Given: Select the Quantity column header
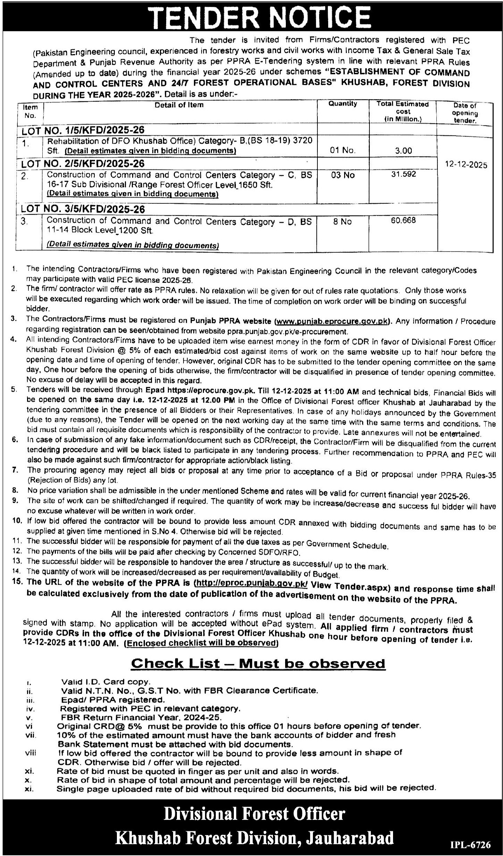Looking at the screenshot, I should (x=343, y=104).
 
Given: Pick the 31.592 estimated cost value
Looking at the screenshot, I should (x=403, y=174).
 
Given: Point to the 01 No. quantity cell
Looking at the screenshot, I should (x=343, y=151).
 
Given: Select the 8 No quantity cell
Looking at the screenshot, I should (x=342, y=222).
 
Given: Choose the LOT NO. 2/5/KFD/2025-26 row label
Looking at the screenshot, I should (x=83, y=164).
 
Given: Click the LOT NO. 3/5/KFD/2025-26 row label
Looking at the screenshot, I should (x=83, y=209).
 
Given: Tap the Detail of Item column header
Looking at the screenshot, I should (x=179, y=105).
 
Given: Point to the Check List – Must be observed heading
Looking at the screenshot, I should (x=258, y=663).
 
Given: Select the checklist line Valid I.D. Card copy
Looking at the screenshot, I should (x=105, y=682).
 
